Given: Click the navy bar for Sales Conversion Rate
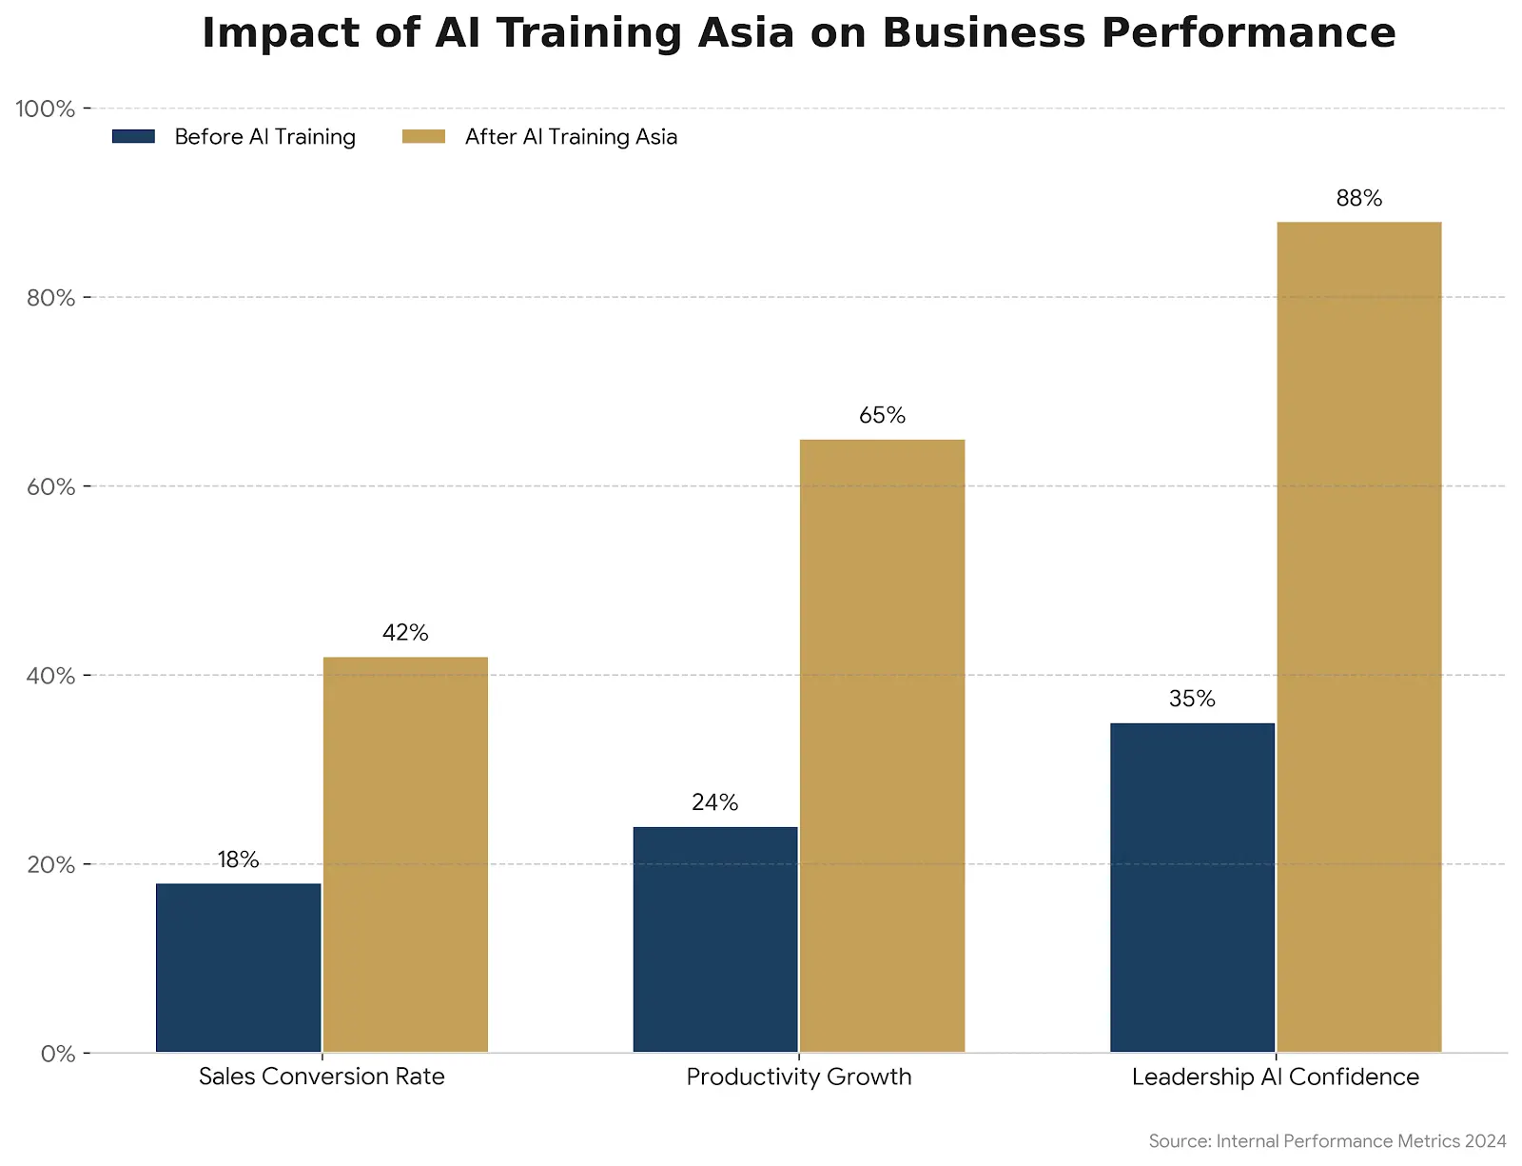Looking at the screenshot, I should point(239,967).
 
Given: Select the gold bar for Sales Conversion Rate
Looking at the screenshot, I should point(405,854).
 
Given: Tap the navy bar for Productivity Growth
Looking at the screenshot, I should point(715,939).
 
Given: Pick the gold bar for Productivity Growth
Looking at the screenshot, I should point(882,745).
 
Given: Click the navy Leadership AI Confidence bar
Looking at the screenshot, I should point(1192,887).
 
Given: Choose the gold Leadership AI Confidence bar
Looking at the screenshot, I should point(1358,637).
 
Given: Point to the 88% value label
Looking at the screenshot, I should point(1358,199).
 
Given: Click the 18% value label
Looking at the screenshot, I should point(238,860).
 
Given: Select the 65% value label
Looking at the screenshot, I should point(882,416).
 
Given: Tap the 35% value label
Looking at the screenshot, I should point(1192,700).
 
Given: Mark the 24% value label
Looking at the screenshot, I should point(715,803).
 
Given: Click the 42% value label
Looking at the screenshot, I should point(405,633).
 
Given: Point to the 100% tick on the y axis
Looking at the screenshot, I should point(46,109).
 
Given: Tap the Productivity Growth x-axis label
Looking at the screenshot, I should point(799,1077).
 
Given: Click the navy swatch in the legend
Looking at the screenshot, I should point(133,137).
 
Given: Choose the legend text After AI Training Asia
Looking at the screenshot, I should point(571,137).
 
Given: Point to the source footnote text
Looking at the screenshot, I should point(1327,1141).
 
